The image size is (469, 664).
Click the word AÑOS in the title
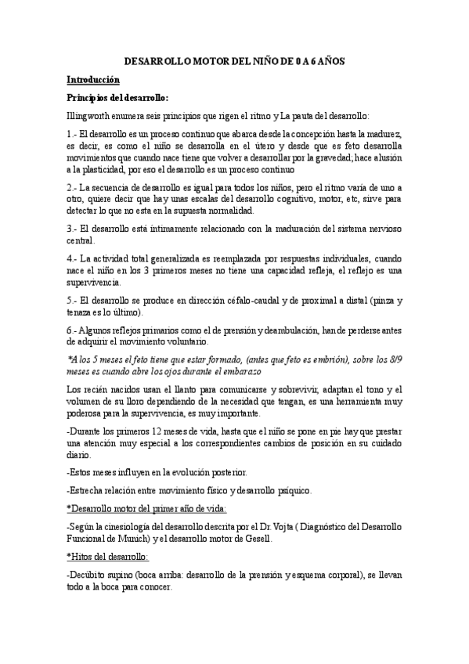327,61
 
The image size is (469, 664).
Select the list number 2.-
72,188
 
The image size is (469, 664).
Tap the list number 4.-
72,258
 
